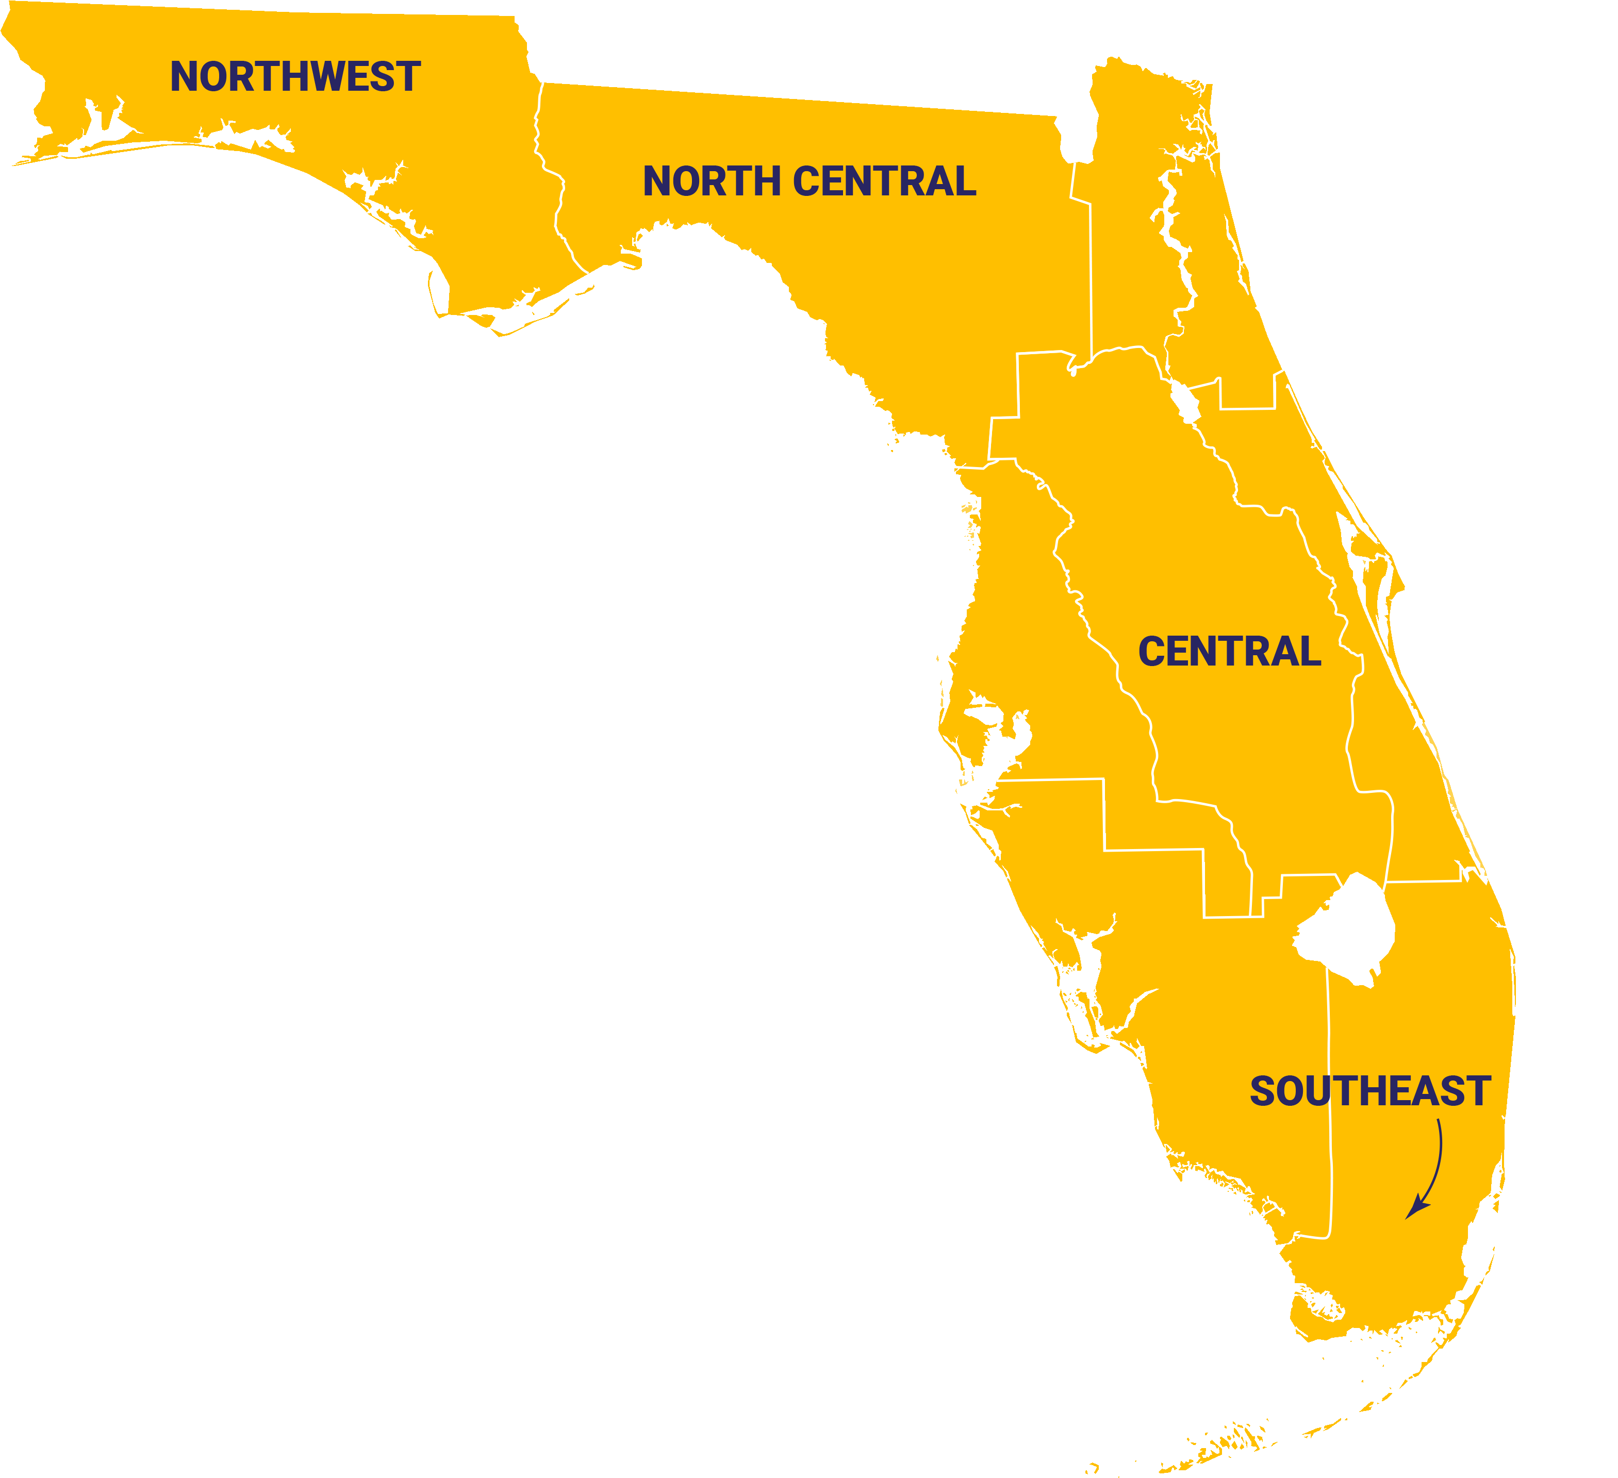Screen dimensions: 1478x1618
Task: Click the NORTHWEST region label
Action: point(295,77)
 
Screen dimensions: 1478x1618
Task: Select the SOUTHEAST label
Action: point(1370,1092)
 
